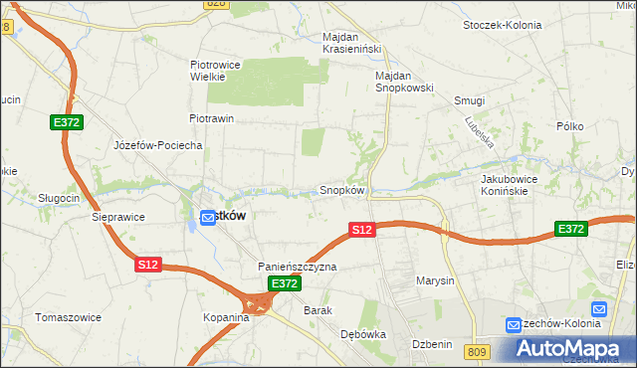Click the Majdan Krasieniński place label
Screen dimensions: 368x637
pyautogui.click(x=346, y=44)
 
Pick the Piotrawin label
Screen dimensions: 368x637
pyautogui.click(x=211, y=118)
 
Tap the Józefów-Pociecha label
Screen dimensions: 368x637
pyautogui.click(x=158, y=145)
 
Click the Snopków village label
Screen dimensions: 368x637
pyautogui.click(x=342, y=190)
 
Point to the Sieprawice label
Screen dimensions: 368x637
pyautogui.click(x=118, y=216)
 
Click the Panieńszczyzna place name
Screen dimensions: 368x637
pyautogui.click(x=298, y=267)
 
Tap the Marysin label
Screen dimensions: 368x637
pyautogui.click(x=435, y=280)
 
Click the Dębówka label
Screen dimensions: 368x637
pyautogui.click(x=362, y=335)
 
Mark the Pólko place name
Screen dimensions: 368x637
pyautogui.click(x=570, y=126)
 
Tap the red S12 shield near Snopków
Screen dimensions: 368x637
pyautogui.click(x=362, y=230)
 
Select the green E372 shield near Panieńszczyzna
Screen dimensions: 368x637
pyautogui.click(x=285, y=283)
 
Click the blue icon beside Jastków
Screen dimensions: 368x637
pyautogui.click(x=207, y=217)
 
